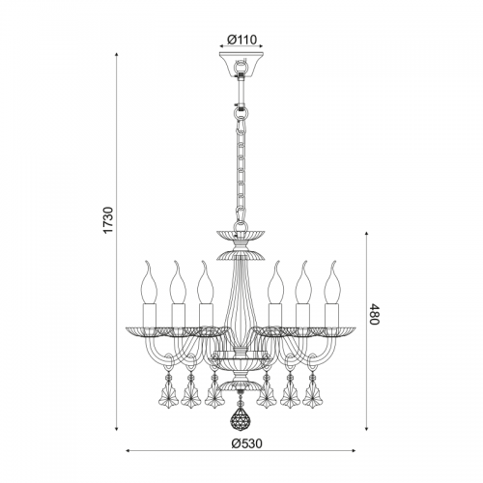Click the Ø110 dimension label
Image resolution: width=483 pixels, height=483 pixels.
click(x=241, y=40)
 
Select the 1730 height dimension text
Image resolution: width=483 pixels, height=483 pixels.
click(x=109, y=220)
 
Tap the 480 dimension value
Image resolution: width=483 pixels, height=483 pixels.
click(x=374, y=314)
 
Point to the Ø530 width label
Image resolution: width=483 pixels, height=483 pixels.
click(x=247, y=443)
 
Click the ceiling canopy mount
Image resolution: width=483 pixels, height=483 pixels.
click(x=241, y=64)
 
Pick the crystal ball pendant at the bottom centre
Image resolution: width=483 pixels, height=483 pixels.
click(x=241, y=418)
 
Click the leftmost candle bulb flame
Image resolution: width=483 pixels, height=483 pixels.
click(x=150, y=282)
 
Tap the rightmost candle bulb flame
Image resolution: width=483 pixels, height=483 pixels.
click(x=332, y=282)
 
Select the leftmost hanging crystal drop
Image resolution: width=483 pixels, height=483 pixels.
click(x=167, y=393)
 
